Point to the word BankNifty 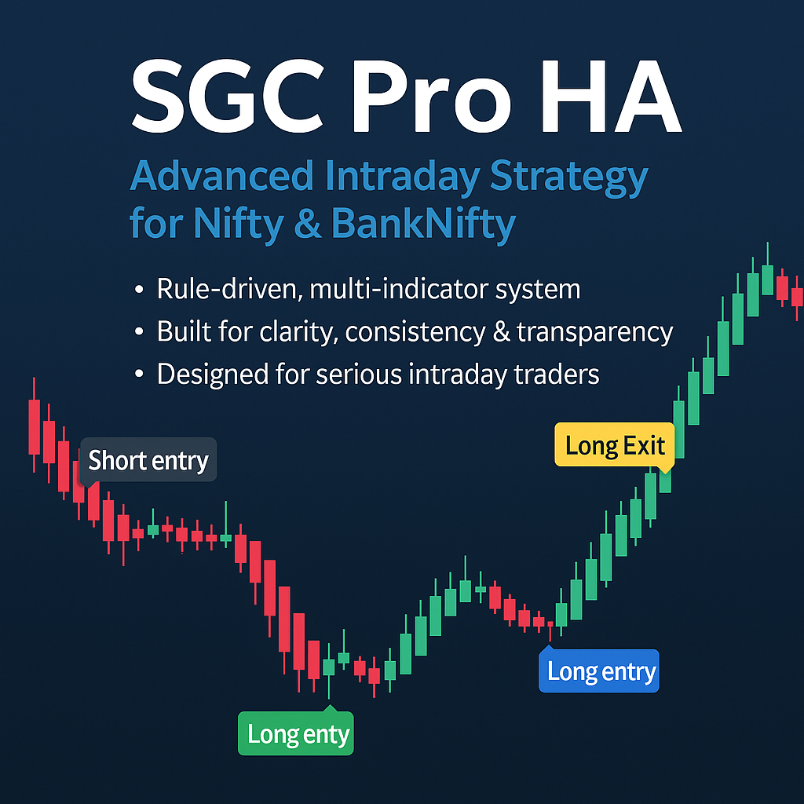(x=423, y=223)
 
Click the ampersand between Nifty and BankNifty (x=309, y=223)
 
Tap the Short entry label (x=148, y=460)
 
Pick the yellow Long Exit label (x=615, y=446)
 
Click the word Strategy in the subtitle (x=568, y=177)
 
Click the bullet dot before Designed (x=140, y=375)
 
